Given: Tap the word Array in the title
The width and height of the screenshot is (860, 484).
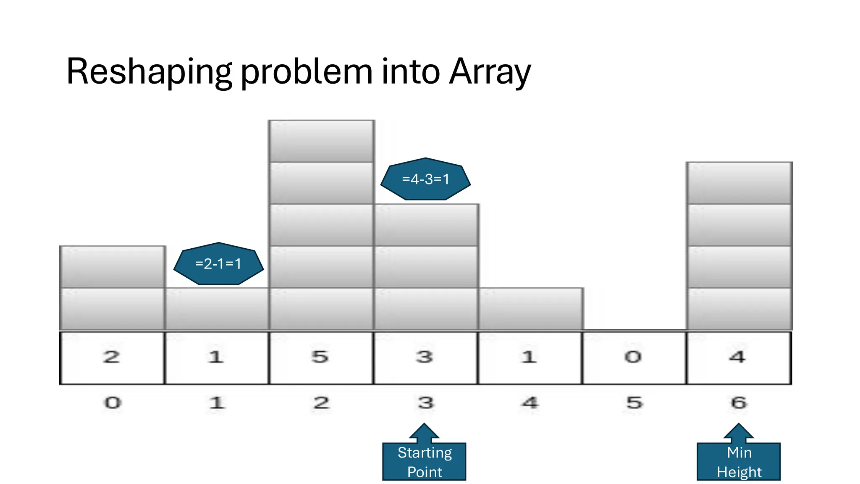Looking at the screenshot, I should coord(490,71).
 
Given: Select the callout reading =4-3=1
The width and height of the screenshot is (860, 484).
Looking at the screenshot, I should coord(425,179).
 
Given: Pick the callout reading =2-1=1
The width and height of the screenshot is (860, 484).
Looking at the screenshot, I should coord(218,264).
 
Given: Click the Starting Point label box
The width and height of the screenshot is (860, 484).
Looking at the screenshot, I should coord(424,462).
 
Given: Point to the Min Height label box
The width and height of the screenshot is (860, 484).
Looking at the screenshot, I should coord(739,462).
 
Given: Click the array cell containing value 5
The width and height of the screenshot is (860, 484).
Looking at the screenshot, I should coord(321,358).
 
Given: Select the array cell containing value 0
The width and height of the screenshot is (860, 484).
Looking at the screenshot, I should coord(634,358).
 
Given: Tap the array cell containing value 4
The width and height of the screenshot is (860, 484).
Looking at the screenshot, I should coord(739,358).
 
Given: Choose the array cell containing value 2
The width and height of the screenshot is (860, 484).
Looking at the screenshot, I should coord(112,358).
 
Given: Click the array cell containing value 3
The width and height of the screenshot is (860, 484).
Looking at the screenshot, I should coord(425,358).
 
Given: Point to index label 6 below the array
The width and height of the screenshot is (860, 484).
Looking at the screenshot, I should coord(739,403).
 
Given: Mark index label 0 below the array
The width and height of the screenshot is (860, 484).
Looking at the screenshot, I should coord(113,403).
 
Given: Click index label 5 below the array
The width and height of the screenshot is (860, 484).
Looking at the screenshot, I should coord(635,403).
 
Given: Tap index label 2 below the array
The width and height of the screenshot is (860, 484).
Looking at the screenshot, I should coord(321,403).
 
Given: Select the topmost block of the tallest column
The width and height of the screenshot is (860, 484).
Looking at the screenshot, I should coord(322,141).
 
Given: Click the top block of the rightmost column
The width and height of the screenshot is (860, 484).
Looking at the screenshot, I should coord(739,183).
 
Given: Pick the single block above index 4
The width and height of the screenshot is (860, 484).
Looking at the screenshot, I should coord(530,309).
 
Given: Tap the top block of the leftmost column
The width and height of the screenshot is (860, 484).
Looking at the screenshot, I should coord(112,267).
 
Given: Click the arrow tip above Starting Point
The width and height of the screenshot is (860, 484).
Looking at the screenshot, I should coord(424,425).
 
